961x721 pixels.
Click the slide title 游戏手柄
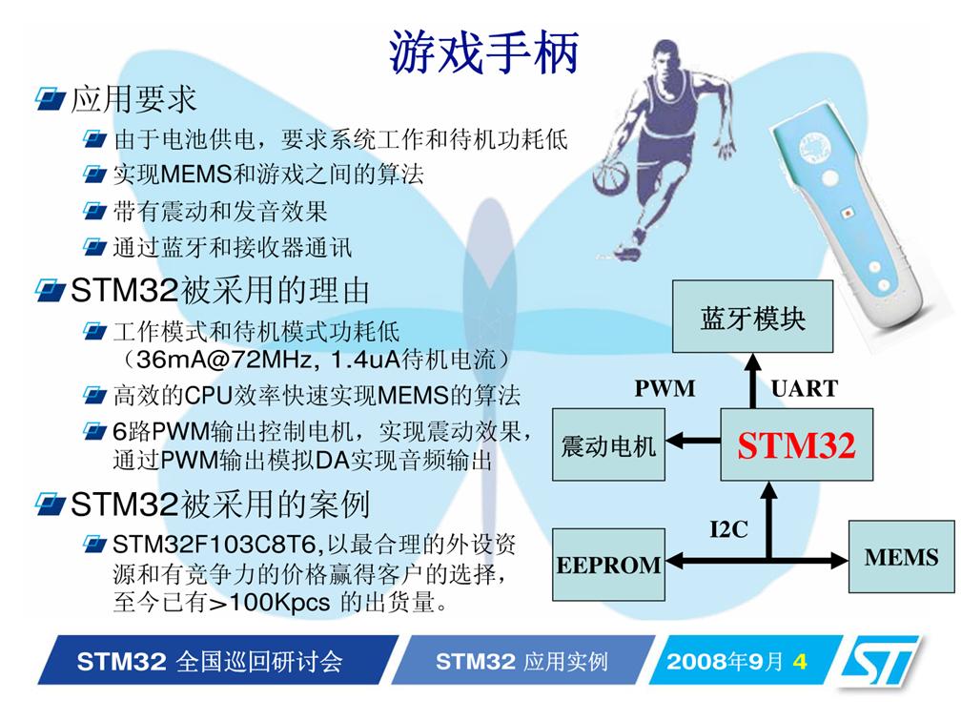[484, 52]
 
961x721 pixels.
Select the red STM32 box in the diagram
[797, 445]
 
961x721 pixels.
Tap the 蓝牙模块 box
[752, 317]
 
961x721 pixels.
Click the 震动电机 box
[608, 445]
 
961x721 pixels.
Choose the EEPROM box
[608, 564]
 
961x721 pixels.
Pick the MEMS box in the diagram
[902, 557]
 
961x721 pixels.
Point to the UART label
[804, 389]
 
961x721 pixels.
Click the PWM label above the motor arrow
[665, 389]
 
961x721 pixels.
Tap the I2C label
[728, 528]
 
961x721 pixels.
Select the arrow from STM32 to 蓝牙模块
[752, 381]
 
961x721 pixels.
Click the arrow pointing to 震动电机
[693, 441]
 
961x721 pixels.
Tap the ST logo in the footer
[880, 661]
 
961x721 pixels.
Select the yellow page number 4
[799, 662]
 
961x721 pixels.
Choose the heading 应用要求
[133, 99]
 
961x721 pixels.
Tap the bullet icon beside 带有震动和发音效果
[95, 212]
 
